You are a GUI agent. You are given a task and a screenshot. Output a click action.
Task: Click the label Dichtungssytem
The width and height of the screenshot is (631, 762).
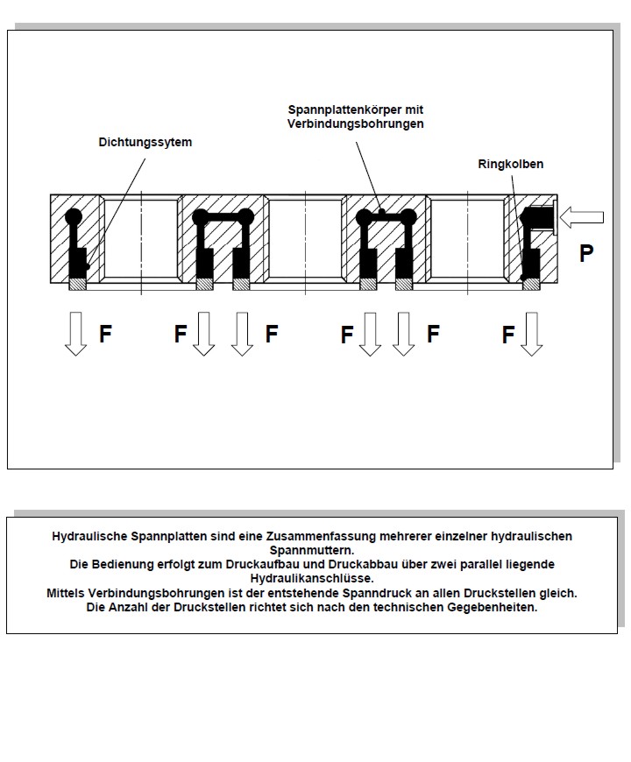[145, 141]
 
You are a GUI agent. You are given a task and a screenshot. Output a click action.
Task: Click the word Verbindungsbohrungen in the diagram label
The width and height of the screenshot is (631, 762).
[355, 124]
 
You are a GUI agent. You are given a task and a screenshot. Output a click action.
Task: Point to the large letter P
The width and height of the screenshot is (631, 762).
[586, 254]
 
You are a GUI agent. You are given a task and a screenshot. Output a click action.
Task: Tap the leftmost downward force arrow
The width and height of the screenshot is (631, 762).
[76, 333]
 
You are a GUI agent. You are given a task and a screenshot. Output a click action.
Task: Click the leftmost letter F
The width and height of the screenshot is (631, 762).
[105, 334]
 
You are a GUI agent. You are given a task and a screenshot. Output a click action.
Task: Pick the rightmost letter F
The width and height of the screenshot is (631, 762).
[508, 335]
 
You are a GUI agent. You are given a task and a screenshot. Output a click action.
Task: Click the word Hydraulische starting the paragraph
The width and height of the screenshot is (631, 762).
[90, 536]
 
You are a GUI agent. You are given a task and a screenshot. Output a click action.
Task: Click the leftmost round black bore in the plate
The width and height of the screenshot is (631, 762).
[73, 216]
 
